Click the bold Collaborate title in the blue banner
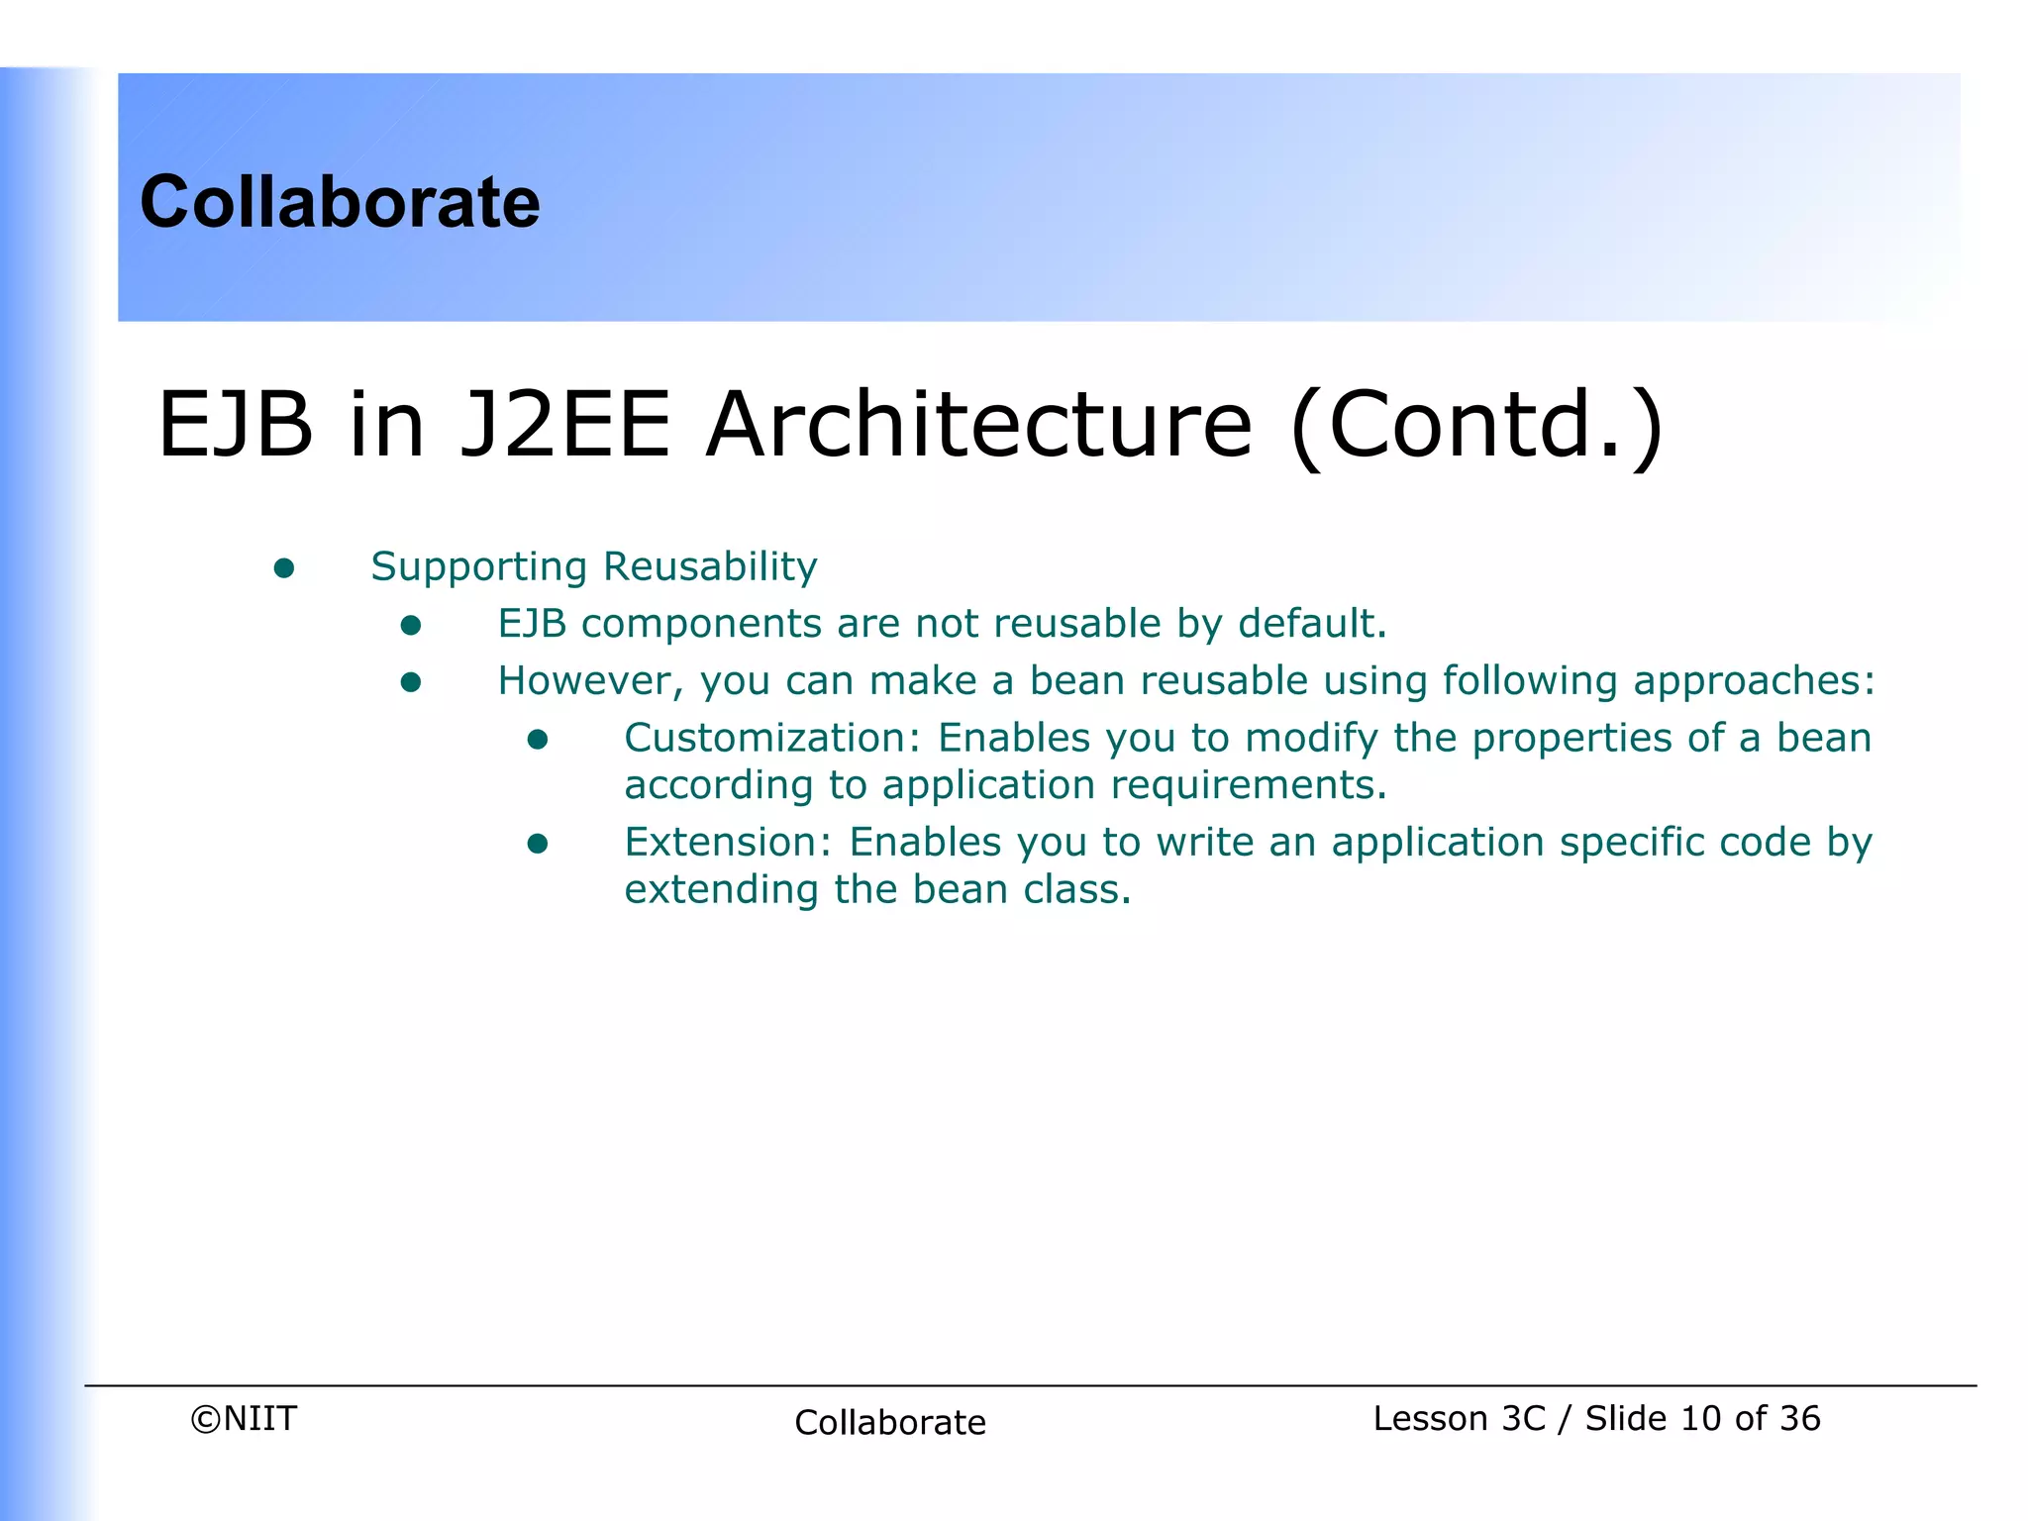point(340,202)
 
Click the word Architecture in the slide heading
point(978,425)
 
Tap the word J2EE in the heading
point(564,425)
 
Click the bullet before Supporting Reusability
point(284,567)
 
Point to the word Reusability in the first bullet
point(710,566)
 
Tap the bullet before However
point(411,682)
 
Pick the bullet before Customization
point(538,740)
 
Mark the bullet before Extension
point(538,844)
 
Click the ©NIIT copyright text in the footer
point(244,1419)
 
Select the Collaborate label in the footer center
point(890,1423)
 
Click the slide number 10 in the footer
point(1701,1419)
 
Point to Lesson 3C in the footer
point(1459,1419)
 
